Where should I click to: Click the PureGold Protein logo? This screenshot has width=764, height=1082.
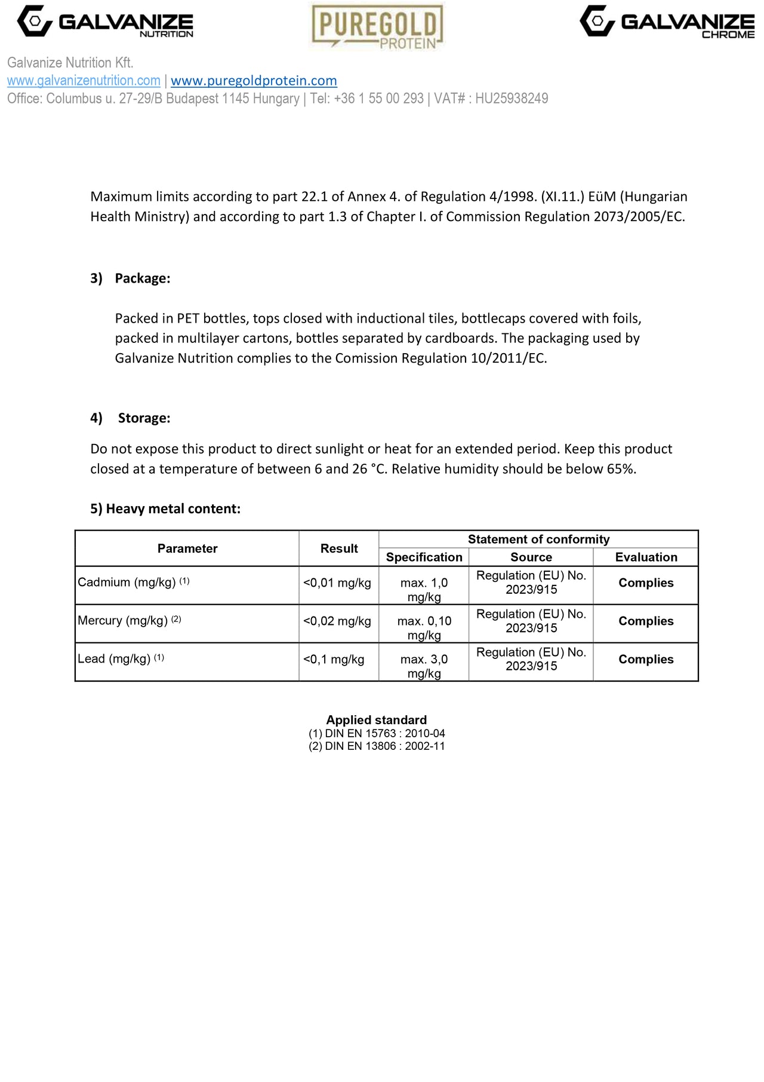tap(377, 26)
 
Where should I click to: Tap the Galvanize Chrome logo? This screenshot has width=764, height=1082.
tap(667, 22)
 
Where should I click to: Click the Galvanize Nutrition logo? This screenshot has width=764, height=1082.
tap(105, 22)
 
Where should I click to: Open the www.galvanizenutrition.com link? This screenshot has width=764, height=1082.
tap(84, 81)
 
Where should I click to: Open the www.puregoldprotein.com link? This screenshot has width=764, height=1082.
tap(254, 81)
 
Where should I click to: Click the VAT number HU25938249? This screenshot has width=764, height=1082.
tap(511, 99)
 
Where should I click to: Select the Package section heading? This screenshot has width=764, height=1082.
tap(142, 278)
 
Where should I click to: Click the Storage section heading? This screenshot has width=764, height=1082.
tap(144, 418)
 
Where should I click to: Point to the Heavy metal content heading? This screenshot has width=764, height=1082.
tap(165, 509)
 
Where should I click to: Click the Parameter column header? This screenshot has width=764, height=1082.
tap(187, 548)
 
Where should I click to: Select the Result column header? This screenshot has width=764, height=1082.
tap(339, 548)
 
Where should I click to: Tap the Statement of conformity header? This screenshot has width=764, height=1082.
tap(538, 540)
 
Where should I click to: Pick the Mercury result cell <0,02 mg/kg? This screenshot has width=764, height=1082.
tap(337, 621)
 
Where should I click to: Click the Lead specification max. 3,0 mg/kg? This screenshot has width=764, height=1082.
tap(424, 666)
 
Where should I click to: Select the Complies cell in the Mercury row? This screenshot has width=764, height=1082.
tap(646, 621)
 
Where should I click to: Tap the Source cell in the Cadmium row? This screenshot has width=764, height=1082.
tap(531, 583)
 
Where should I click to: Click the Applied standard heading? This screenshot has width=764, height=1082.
tap(376, 720)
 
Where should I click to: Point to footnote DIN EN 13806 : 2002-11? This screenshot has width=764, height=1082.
tap(377, 746)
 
